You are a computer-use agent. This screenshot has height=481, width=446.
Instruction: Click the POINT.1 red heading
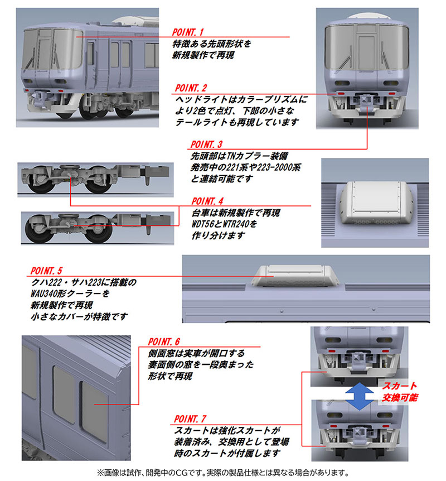point(189,32)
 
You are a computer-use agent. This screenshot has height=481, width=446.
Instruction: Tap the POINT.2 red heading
point(191,88)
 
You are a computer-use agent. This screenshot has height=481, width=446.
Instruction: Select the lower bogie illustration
point(84,226)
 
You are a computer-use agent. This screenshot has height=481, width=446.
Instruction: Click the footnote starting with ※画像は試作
point(223,472)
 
